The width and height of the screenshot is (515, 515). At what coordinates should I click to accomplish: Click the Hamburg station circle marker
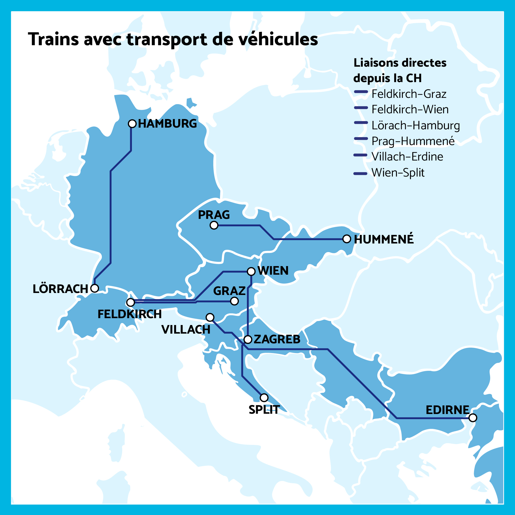pyautogui.click(x=132, y=124)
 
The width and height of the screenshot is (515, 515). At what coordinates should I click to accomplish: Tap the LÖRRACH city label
pyautogui.click(x=60, y=289)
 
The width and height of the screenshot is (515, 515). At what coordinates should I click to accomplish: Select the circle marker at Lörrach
pyautogui.click(x=95, y=288)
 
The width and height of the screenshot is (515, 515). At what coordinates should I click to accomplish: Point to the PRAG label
pyautogui.click(x=214, y=215)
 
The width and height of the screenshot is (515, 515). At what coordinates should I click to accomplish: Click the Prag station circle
pyautogui.click(x=214, y=225)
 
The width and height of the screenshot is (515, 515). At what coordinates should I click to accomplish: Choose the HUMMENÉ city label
pyautogui.click(x=384, y=239)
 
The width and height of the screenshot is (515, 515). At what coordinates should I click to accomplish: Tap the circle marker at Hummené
pyautogui.click(x=346, y=239)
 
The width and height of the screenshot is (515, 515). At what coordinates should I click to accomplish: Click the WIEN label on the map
pyautogui.click(x=273, y=271)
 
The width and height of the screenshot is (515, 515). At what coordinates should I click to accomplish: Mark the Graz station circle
pyautogui.click(x=234, y=301)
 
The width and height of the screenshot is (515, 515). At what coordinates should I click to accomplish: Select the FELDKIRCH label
pyautogui.click(x=130, y=314)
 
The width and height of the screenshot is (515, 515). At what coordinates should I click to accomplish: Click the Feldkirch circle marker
pyautogui.click(x=130, y=302)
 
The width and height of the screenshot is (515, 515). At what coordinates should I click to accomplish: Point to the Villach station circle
pyautogui.click(x=210, y=317)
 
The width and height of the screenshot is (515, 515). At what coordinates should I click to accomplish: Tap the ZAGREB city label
pyautogui.click(x=277, y=339)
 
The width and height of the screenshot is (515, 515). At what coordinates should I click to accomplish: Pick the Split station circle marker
pyautogui.click(x=264, y=398)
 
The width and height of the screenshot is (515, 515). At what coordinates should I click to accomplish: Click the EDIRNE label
pyautogui.click(x=447, y=410)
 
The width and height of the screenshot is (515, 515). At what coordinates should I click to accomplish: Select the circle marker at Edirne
pyautogui.click(x=473, y=418)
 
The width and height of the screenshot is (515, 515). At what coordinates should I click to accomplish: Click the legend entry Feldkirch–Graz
pyautogui.click(x=409, y=94)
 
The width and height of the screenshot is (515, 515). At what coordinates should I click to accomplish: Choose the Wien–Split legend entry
pyautogui.click(x=398, y=173)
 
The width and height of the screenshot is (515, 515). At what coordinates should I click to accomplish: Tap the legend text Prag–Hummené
pyautogui.click(x=413, y=141)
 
